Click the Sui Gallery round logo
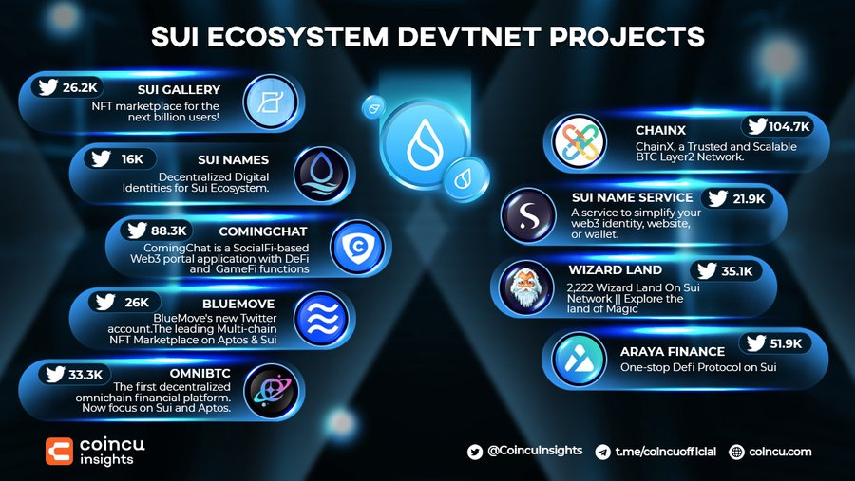(270, 102)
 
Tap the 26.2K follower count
(80, 87)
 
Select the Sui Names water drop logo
(321, 175)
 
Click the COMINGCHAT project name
(263, 231)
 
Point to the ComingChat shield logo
(358, 247)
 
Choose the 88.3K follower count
(168, 231)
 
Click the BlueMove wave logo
(321, 319)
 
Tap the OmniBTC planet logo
(271, 391)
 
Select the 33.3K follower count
(85, 374)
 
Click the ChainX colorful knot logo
(579, 141)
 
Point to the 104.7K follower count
(789, 126)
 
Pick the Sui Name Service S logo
(528, 215)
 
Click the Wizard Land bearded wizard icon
(526, 287)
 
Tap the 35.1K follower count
(736, 270)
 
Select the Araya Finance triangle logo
(579, 360)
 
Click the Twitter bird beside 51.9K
(756, 343)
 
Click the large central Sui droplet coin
(425, 144)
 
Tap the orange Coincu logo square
(59, 452)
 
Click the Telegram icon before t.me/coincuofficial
(602, 453)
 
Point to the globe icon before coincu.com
(736, 453)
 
